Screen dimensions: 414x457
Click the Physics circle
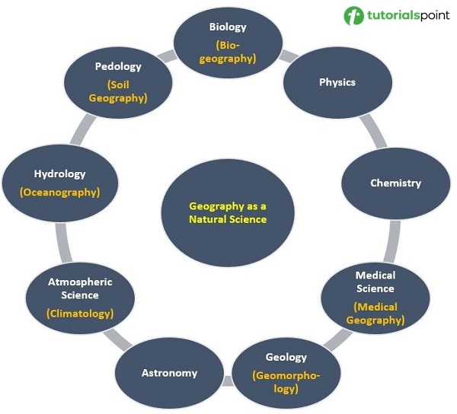[x=337, y=82]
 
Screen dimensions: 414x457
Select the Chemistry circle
[x=395, y=183]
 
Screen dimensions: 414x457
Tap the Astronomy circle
[x=169, y=373]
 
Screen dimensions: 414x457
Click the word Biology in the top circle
[x=228, y=27]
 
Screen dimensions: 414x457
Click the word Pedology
[x=118, y=66]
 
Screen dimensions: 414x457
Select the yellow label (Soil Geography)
[x=118, y=91]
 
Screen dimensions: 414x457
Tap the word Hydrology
[x=59, y=174]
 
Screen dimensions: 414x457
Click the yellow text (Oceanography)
[x=59, y=193]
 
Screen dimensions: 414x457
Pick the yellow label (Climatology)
[x=80, y=313]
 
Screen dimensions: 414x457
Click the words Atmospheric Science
[x=80, y=288]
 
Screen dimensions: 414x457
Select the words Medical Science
[x=375, y=282]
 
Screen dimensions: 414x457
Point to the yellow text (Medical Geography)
[x=375, y=313]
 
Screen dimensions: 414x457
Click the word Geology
[x=286, y=357]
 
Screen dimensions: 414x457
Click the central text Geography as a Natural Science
[x=228, y=212]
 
